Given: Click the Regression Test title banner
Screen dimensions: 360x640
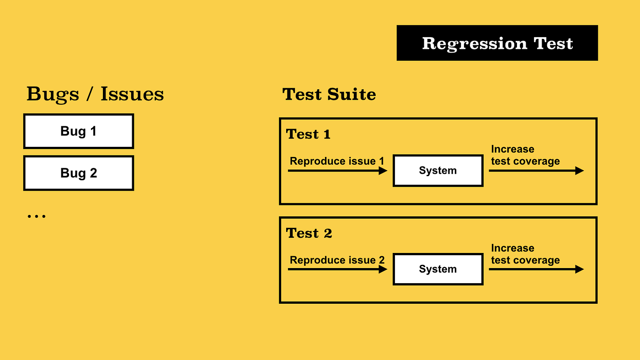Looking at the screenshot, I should (497, 43).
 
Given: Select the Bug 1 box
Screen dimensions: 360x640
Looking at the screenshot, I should (79, 131).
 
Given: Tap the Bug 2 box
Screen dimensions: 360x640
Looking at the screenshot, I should (79, 173).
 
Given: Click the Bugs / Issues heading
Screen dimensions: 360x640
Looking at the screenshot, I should (95, 94).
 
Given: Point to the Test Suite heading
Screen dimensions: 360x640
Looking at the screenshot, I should (329, 94).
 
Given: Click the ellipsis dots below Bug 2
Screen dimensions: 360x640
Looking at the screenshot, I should (37, 216).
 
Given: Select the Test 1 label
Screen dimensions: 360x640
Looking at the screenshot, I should (308, 134).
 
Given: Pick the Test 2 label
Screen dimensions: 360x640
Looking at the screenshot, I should (309, 233).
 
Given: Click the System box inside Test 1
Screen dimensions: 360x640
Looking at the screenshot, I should (438, 171).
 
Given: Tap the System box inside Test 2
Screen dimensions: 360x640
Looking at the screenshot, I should (438, 269).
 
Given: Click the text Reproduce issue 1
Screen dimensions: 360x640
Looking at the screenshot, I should (337, 161).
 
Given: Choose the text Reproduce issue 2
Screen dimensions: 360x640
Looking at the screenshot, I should (337, 260).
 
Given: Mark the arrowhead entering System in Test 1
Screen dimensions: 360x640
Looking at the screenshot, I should (384, 171).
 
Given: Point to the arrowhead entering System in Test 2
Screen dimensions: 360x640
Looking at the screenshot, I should (384, 269).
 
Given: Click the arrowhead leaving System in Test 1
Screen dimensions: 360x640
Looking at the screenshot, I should (580, 171).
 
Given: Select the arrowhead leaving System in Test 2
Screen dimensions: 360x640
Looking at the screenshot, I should (580, 269).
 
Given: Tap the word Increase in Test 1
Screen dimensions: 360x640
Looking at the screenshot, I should (512, 149).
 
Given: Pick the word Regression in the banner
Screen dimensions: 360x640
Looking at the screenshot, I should (475, 43).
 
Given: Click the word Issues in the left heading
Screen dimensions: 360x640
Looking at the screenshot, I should (132, 94).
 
